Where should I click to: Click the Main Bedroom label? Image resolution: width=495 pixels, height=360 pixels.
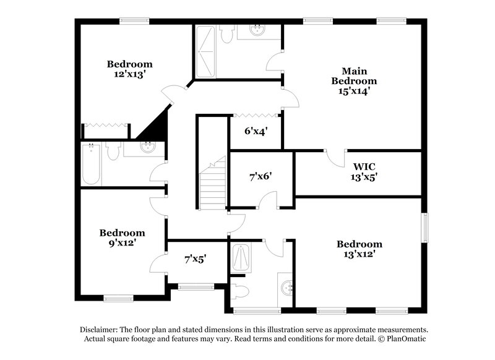(353, 75)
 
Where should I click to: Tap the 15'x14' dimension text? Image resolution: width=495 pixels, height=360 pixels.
(353, 91)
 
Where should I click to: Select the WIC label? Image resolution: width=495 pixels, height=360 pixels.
(365, 166)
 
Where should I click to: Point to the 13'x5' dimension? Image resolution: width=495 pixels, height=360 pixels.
(365, 176)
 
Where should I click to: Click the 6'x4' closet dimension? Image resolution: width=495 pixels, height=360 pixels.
(256, 131)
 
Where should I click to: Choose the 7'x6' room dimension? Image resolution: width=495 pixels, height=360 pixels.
(260, 176)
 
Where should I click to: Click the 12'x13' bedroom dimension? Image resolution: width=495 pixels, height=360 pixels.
(129, 74)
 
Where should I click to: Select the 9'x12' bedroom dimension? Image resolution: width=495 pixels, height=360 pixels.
(123, 243)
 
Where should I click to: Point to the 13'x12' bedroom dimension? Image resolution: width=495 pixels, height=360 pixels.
(359, 254)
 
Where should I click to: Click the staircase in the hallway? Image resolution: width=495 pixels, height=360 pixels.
(212, 186)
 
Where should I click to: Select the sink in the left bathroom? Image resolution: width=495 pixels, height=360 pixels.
(148, 147)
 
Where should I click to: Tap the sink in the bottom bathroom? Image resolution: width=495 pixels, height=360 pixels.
(286, 288)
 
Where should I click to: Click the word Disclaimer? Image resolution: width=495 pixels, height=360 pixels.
(100, 330)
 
